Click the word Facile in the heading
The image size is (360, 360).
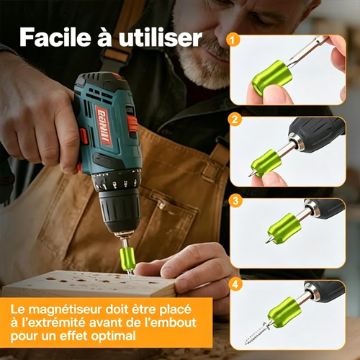click(x=55, y=37)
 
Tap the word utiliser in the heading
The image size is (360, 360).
click(x=161, y=37)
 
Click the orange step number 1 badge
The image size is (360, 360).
click(x=232, y=40)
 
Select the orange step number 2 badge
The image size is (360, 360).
click(x=235, y=120)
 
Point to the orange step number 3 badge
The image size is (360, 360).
click(x=235, y=200)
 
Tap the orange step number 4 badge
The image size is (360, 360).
click(x=235, y=284)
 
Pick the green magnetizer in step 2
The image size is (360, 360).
click(x=266, y=163)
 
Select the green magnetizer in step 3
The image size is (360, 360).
click(x=284, y=228)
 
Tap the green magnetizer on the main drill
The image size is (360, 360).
click(x=127, y=258)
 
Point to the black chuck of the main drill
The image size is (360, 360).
click(x=120, y=211)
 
